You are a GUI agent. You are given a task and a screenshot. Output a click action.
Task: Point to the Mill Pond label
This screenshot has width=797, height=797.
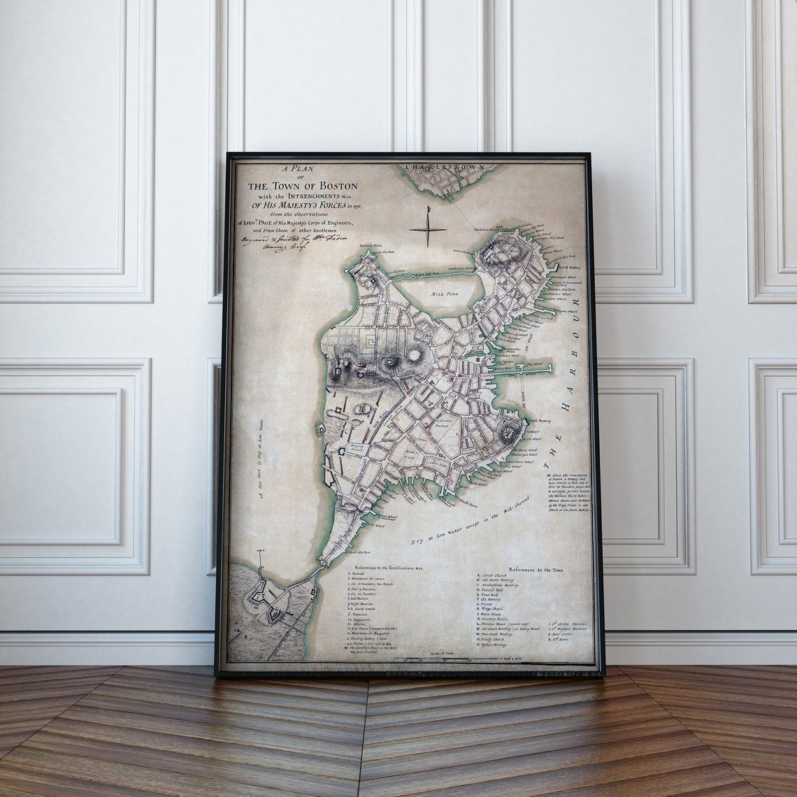[x=445, y=294]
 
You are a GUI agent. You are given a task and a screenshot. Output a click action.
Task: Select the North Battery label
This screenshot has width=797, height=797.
[x=570, y=266]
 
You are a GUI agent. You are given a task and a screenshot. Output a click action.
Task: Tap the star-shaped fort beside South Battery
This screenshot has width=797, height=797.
[x=510, y=429]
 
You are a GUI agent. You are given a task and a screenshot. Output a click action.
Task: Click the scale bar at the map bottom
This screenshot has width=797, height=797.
[x=461, y=659]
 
